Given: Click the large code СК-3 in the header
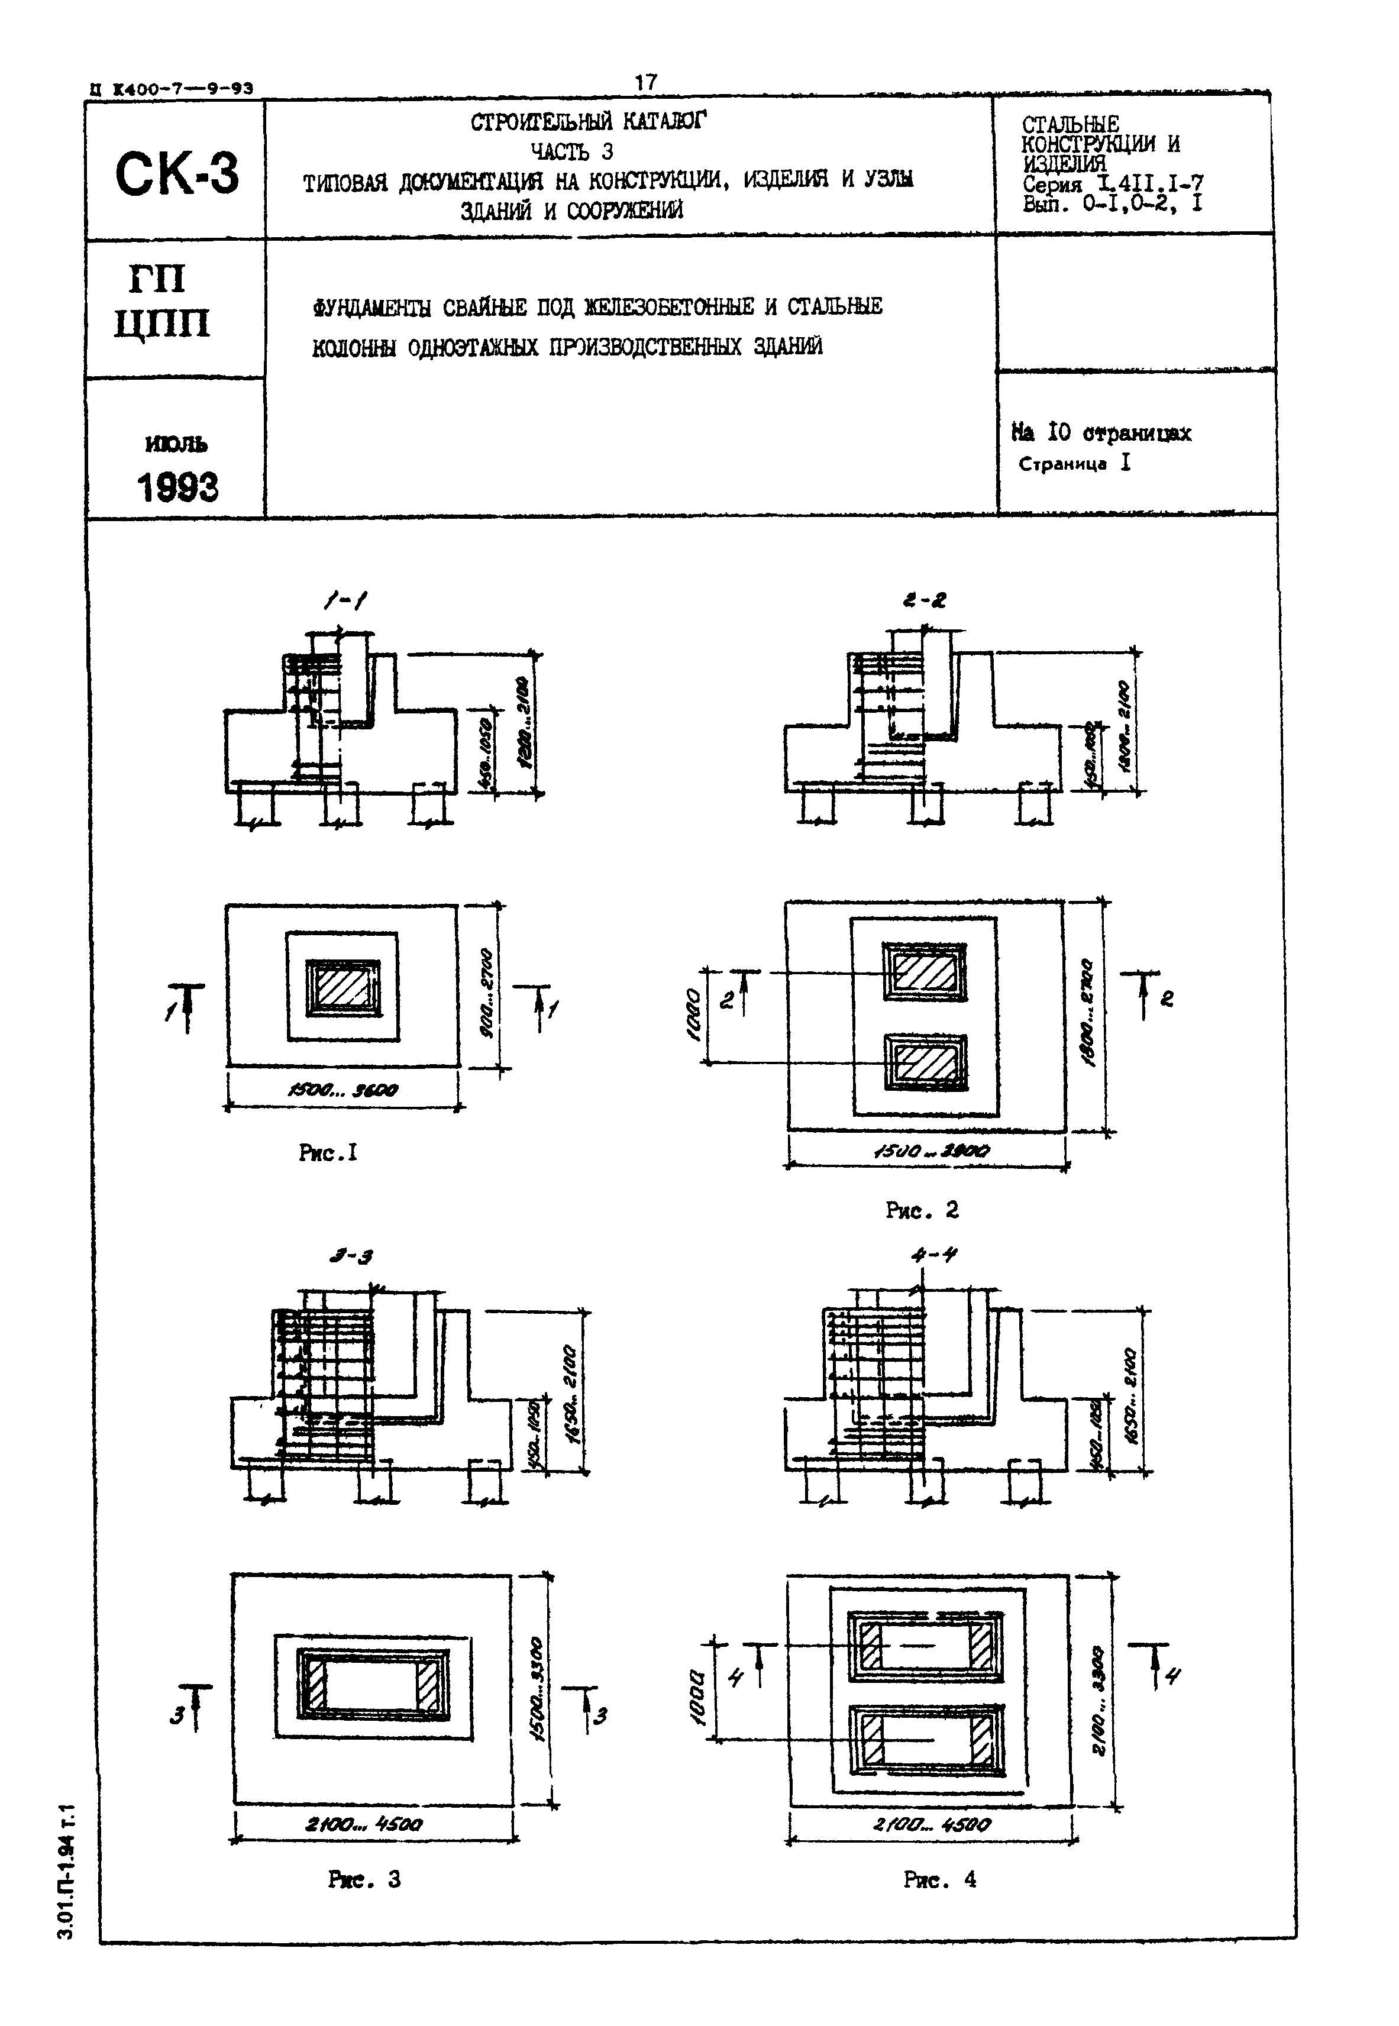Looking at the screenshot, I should (x=176, y=173).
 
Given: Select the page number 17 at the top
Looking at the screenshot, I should (x=645, y=82).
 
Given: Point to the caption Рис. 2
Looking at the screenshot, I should (x=922, y=1210).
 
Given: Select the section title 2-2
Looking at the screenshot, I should (x=924, y=601).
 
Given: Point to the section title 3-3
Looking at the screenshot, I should (x=351, y=1256).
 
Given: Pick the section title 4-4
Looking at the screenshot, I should (x=935, y=1255).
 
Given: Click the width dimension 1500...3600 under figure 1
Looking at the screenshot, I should (x=343, y=1091).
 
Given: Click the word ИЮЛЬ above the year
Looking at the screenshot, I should (x=176, y=444).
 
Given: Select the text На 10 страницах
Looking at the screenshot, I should (x=1101, y=433).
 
